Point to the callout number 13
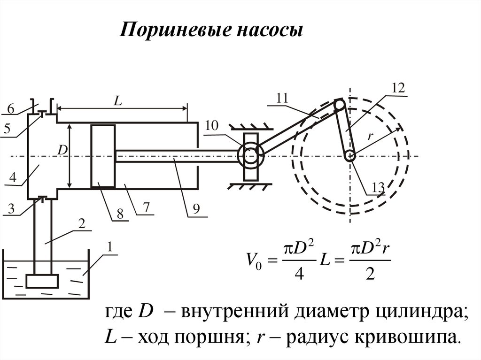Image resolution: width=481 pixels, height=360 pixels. pos(378,188)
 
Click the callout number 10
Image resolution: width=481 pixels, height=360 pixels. pos(212,125)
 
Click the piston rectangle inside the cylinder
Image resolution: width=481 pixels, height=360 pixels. pos(103,156)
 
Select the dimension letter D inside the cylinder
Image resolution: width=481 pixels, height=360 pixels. pos(62,150)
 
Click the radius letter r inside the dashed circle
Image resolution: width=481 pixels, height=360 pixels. pos(370,136)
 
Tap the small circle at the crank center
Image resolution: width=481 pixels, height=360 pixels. pos(349,155)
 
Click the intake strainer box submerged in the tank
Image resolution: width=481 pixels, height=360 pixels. pos(42,281)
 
